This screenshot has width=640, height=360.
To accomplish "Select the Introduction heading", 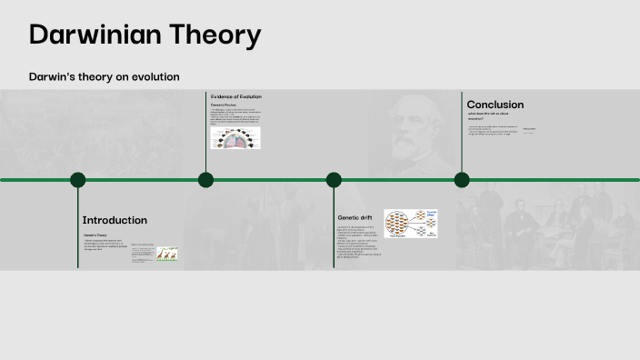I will pos(115,220).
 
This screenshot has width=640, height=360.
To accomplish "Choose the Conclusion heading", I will pos(495,105).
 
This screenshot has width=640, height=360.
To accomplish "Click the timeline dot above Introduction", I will pos(78,180).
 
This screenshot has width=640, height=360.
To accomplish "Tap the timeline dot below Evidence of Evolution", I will pos(205,180).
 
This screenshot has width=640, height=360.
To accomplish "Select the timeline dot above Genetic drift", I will pos(334,180).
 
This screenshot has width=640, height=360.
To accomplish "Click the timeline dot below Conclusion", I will pos(462,180).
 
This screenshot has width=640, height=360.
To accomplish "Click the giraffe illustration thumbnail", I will pos(166,255).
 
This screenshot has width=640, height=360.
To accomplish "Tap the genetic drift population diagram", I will pos(410,224).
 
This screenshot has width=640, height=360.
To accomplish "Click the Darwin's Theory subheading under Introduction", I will pos(95,235).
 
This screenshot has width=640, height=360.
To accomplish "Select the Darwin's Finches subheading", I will pos(224,105).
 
